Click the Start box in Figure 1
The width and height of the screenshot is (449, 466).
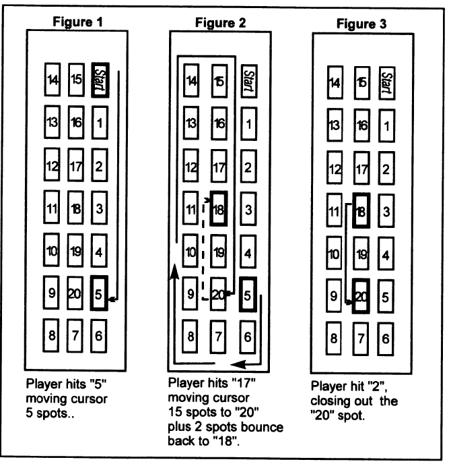100,78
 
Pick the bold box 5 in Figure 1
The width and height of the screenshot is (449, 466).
99,294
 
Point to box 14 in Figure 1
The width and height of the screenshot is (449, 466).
53,80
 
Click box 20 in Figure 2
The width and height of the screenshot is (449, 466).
218,294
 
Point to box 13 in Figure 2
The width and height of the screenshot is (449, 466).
193,124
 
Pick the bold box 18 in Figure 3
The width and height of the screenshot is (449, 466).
362,210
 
